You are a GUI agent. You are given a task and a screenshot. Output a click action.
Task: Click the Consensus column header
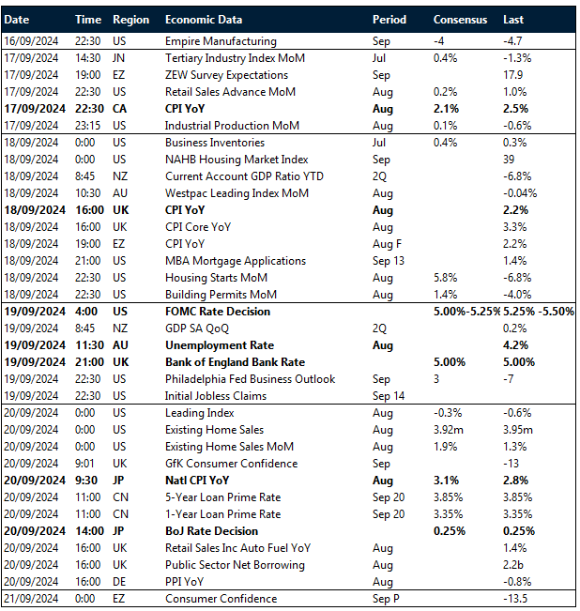460,20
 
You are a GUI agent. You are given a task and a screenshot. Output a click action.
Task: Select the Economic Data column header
203,20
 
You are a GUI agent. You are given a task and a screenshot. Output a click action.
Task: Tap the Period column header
389,20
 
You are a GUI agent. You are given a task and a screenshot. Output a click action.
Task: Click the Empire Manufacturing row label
221,41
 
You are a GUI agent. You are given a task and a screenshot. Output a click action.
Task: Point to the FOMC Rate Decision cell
217,312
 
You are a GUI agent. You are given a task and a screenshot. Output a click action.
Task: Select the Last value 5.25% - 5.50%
539,312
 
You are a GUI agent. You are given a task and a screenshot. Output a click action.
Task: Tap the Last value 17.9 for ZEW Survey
514,75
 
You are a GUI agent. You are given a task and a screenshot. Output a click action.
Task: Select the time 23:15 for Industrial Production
87,126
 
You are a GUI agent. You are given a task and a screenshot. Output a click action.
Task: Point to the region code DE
120,582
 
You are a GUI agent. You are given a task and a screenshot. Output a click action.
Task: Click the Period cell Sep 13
389,261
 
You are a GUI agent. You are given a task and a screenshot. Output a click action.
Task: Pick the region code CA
120,109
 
